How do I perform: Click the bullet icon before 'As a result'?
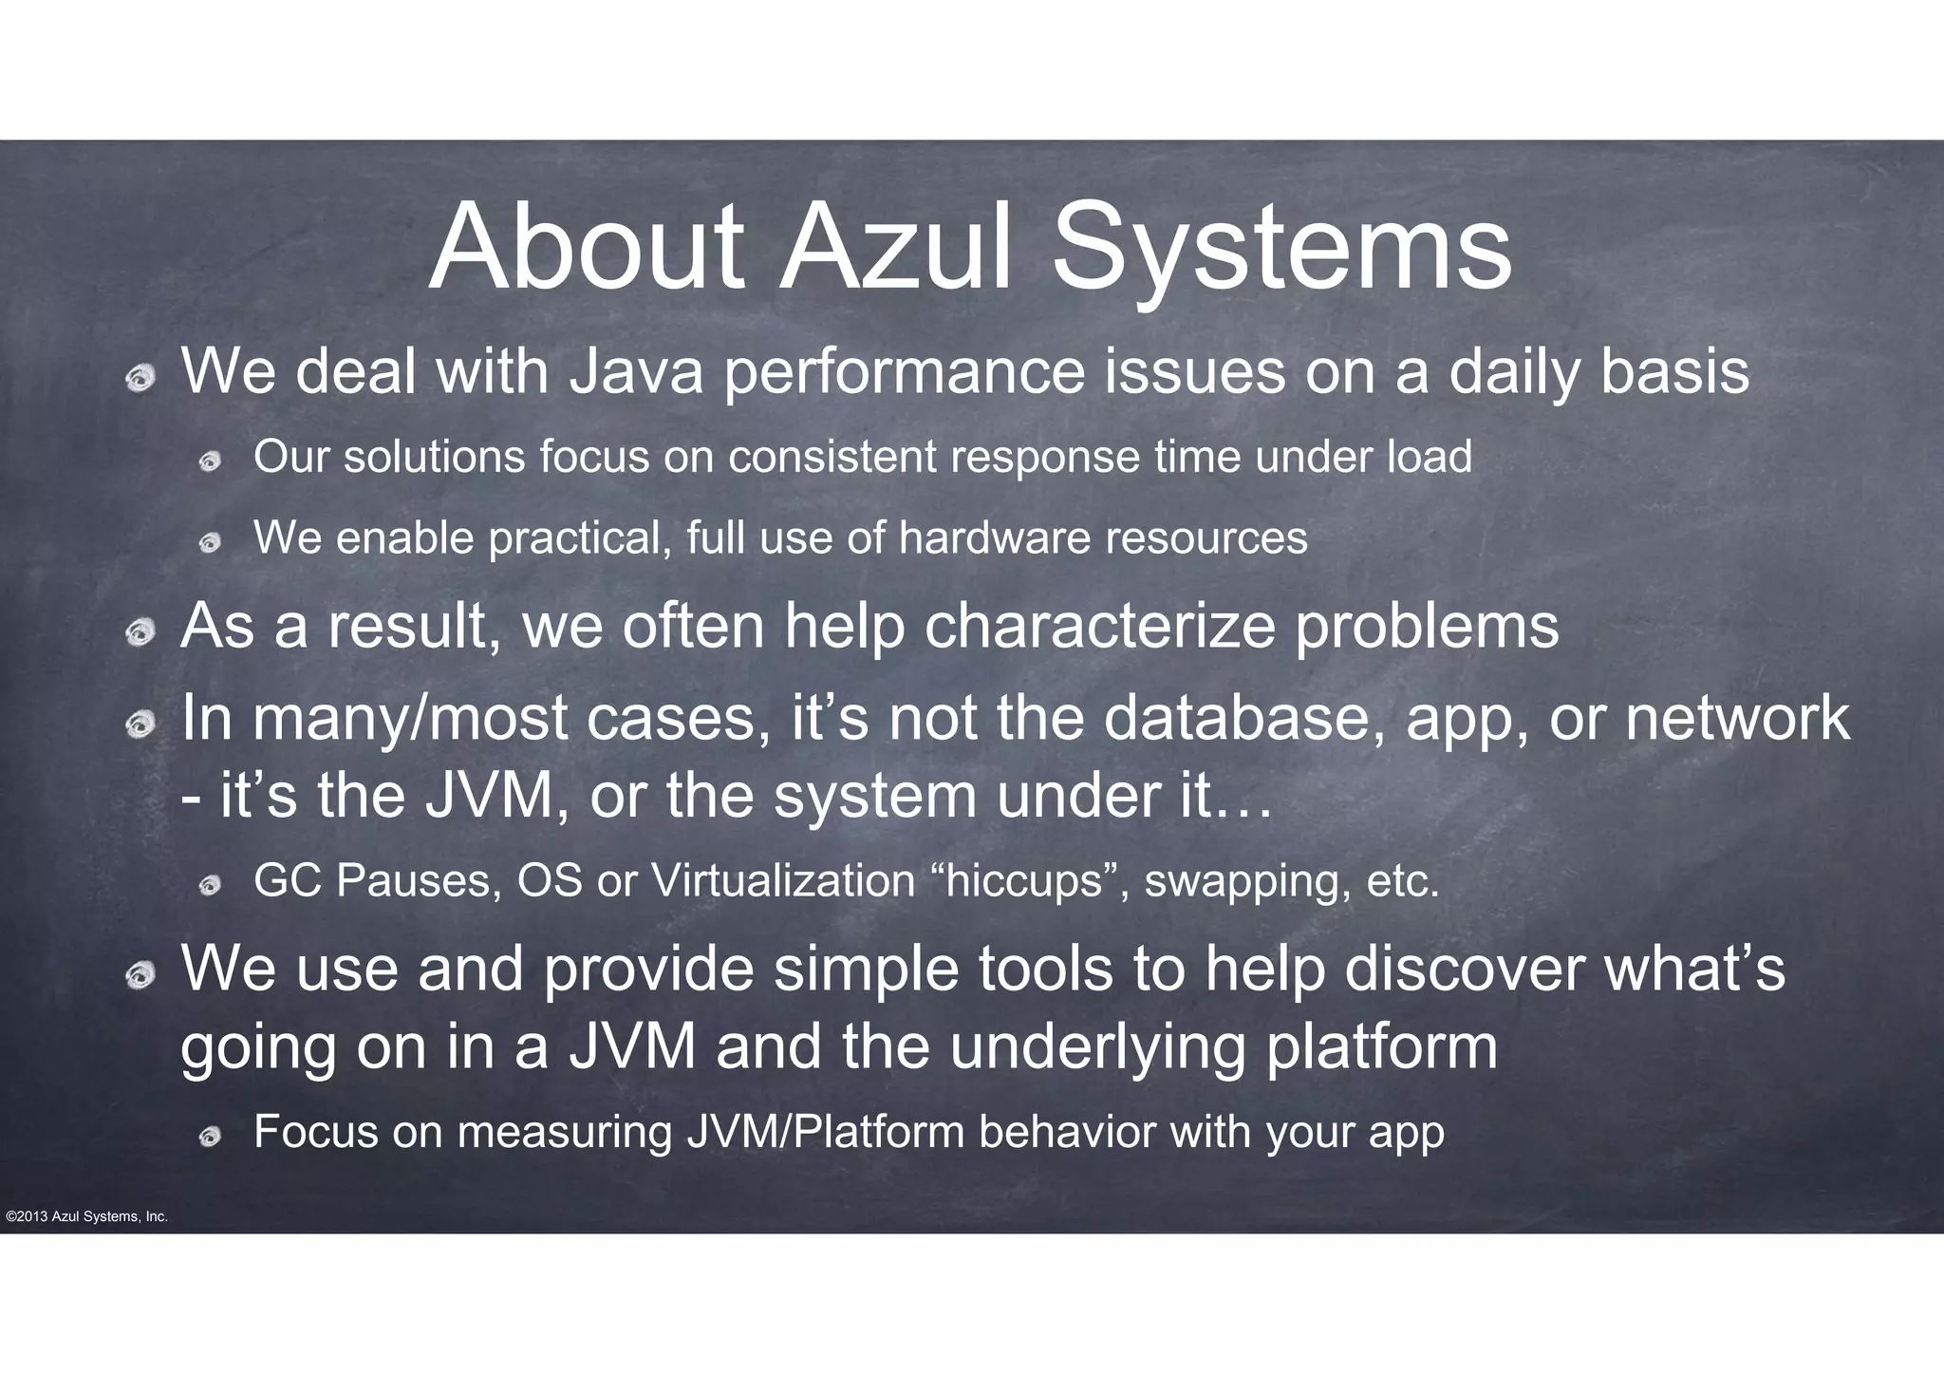click(140, 632)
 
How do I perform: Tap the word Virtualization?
click(783, 881)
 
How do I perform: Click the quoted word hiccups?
click(1029, 881)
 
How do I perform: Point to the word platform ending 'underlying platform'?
click(1382, 1048)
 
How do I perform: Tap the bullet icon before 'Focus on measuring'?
click(210, 1137)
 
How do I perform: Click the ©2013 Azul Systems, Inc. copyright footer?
click(86, 1217)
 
